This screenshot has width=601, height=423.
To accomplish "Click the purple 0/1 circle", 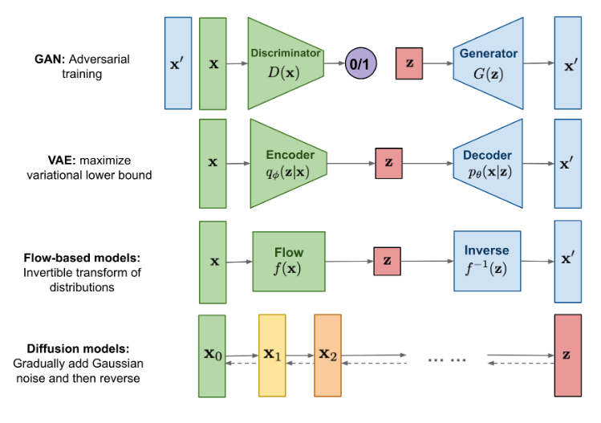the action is (x=360, y=63).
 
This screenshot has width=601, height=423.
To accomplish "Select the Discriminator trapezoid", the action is (x=286, y=63).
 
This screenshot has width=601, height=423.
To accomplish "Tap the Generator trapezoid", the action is (x=489, y=63).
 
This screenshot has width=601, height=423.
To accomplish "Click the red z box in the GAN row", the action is (x=409, y=63).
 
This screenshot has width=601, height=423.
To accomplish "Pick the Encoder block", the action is (x=289, y=164).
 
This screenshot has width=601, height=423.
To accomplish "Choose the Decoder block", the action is (x=488, y=164).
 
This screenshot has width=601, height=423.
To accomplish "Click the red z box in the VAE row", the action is (x=388, y=163).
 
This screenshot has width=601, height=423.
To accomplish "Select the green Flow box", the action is (x=289, y=261).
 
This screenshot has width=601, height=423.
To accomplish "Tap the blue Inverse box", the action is (x=487, y=261).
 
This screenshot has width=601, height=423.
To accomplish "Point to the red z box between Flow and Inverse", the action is (x=387, y=261).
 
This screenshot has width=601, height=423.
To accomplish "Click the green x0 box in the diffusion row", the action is (x=212, y=356).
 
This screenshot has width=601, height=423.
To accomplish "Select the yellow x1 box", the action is (x=272, y=355).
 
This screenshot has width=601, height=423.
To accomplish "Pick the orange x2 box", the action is (x=327, y=355).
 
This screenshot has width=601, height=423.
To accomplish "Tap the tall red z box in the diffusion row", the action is (x=567, y=355).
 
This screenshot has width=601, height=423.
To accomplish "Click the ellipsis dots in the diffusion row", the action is (x=447, y=360).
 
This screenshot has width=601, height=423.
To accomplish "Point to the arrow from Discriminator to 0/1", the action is (x=335, y=63).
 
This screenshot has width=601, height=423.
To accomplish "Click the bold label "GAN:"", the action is (x=50, y=59).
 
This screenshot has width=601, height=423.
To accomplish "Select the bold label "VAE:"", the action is (x=62, y=160).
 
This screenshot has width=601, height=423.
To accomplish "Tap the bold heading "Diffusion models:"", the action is (x=78, y=348).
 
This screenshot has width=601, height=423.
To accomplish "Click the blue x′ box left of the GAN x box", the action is (x=178, y=63).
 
